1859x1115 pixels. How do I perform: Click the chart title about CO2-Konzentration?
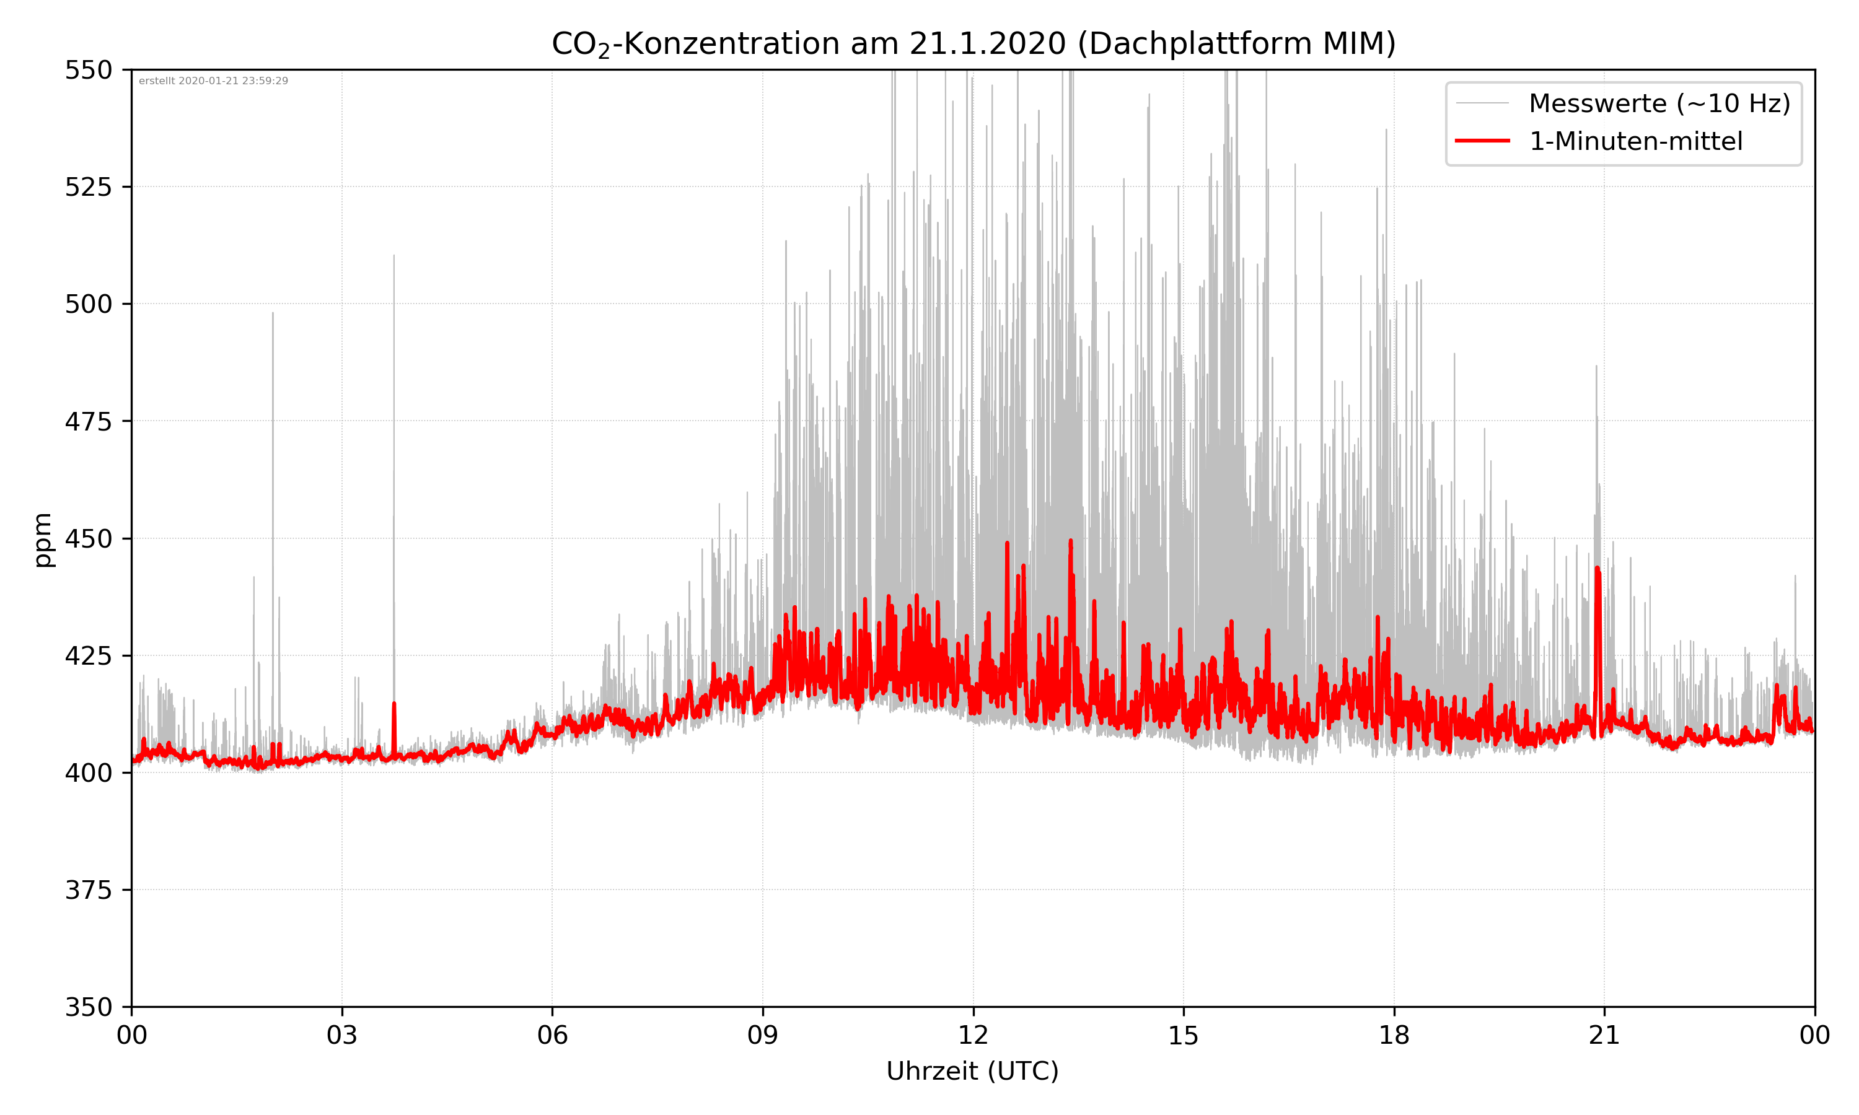click(x=973, y=43)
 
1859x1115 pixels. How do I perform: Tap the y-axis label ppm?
click(x=43, y=540)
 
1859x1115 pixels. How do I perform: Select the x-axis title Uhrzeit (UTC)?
click(x=972, y=1070)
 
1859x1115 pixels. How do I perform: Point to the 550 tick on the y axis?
click(x=88, y=70)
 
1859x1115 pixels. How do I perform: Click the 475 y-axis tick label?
click(x=88, y=421)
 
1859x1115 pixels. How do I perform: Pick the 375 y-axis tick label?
click(x=88, y=890)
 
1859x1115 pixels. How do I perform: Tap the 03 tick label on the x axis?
click(x=342, y=1035)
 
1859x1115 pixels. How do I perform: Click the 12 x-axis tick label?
click(x=973, y=1035)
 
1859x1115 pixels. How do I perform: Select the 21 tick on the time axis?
click(x=1604, y=1035)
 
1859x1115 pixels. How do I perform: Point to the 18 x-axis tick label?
click(x=1394, y=1035)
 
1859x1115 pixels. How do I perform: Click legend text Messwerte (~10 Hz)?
click(x=1659, y=103)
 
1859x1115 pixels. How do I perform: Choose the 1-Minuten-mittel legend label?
click(x=1635, y=141)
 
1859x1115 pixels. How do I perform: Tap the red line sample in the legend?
click(x=1482, y=141)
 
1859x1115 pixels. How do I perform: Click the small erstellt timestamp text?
click(x=213, y=81)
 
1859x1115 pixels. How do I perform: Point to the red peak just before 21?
click(x=1598, y=569)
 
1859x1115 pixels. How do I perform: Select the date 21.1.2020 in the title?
click(x=987, y=43)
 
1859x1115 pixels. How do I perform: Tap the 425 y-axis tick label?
click(x=88, y=656)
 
